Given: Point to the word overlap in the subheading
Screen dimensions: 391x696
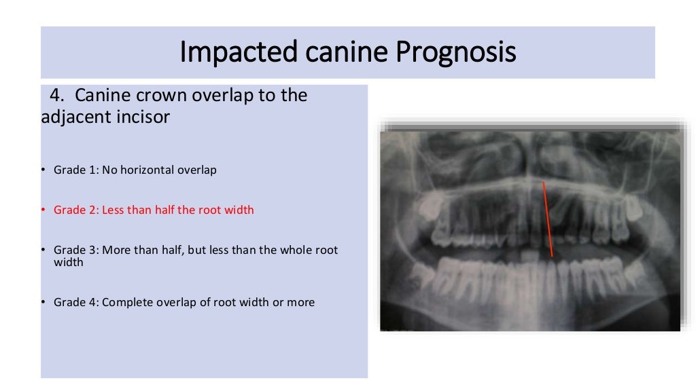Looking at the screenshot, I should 218,95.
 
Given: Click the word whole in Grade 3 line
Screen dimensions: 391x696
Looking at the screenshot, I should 294,250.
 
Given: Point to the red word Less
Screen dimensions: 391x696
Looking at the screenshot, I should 115,210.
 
